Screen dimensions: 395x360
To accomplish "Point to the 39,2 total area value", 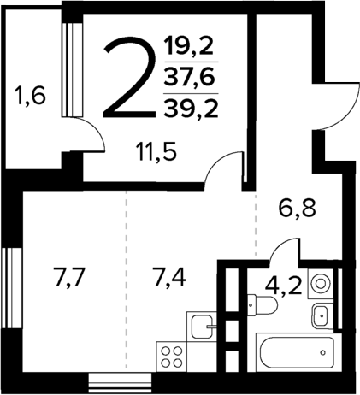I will [189, 107].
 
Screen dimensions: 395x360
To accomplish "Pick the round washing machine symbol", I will [322, 283].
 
